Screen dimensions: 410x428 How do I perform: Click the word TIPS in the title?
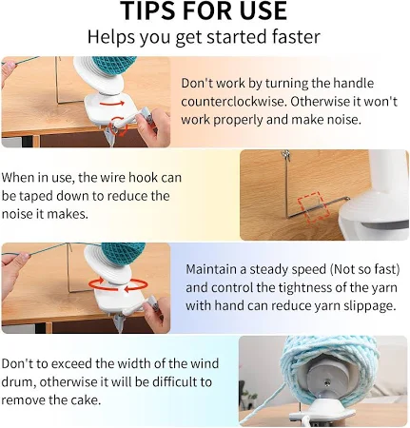click(x=147, y=10)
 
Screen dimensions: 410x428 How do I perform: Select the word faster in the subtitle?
click(x=295, y=37)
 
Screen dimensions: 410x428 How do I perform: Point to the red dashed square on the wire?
click(x=312, y=206)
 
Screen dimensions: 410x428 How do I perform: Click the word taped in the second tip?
click(x=35, y=196)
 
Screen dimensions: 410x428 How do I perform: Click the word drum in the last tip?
click(x=18, y=381)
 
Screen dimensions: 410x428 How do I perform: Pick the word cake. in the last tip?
click(x=86, y=399)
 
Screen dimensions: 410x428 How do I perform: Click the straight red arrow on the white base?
click(x=112, y=104)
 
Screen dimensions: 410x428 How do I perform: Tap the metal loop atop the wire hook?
click(x=286, y=155)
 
